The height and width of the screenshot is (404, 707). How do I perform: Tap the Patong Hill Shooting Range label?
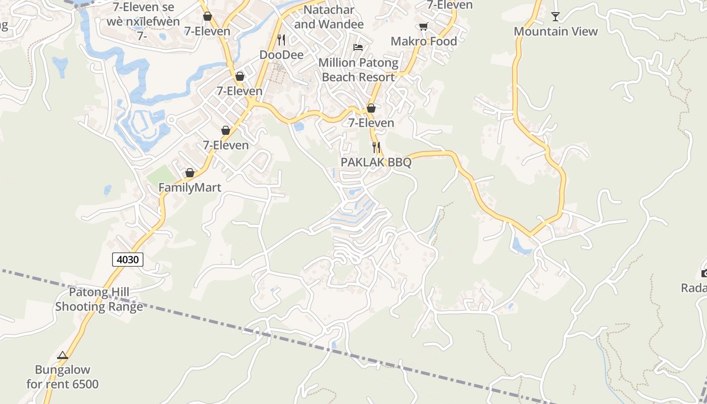click(99, 299)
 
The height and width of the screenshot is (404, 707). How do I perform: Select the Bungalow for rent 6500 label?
click(63, 377)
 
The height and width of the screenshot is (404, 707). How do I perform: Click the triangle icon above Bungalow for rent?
click(63, 356)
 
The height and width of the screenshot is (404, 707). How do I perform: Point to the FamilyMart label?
click(190, 188)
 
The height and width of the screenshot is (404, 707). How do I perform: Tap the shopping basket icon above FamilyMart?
click(190, 173)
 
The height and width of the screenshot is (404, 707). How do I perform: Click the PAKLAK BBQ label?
click(376, 162)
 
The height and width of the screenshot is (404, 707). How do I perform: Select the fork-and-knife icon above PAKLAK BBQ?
click(376, 147)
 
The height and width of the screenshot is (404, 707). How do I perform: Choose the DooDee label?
click(281, 54)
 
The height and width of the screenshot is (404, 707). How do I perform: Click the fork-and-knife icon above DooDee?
click(281, 39)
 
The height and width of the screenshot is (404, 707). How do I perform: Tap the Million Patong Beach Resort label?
click(358, 70)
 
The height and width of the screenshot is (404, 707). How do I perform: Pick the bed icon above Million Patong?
click(358, 47)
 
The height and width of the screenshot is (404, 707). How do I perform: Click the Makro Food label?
click(424, 41)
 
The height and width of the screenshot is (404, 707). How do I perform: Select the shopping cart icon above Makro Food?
click(423, 26)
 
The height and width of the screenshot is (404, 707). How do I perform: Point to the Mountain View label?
click(555, 31)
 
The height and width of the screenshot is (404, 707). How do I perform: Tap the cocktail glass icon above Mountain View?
click(555, 17)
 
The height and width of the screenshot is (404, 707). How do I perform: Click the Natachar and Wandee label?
click(329, 17)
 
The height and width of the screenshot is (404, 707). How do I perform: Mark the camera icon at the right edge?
click(704, 274)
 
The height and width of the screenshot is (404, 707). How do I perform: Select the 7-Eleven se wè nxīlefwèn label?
click(143, 14)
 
